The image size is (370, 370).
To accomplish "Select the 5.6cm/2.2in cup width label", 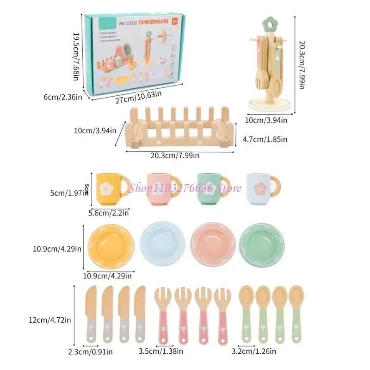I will (x=108, y=213).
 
